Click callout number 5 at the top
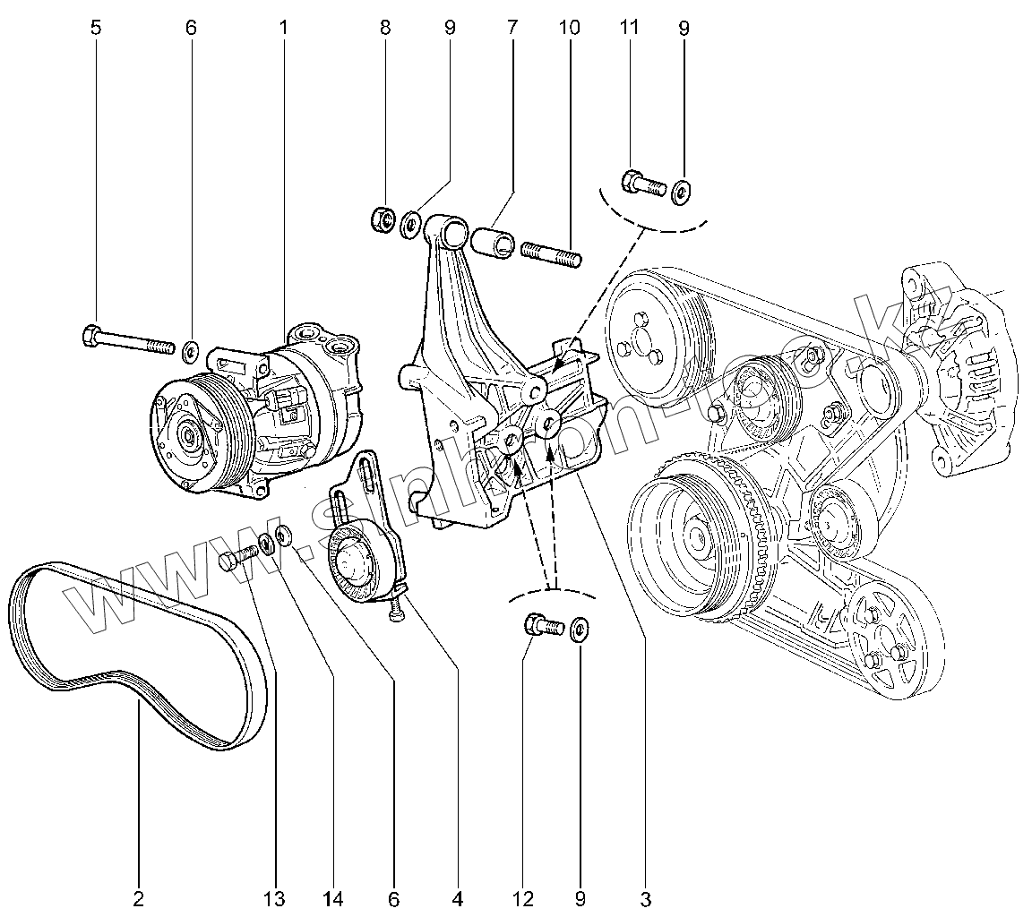(x=96, y=28)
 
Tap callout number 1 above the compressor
(x=283, y=28)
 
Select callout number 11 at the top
(x=629, y=28)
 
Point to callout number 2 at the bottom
(x=139, y=897)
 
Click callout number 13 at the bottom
(x=274, y=897)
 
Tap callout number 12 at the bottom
(x=523, y=897)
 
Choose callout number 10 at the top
(x=569, y=28)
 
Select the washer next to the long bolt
(x=190, y=348)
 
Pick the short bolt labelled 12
(x=541, y=625)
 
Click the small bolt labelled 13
(x=237, y=557)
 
